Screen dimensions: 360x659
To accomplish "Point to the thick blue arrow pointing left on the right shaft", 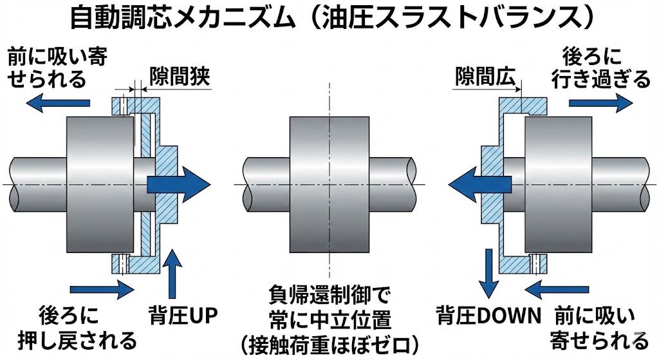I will coord(479,184).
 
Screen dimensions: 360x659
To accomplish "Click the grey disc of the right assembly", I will coord(557,184).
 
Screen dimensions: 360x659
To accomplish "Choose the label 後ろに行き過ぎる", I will coord(601,68).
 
